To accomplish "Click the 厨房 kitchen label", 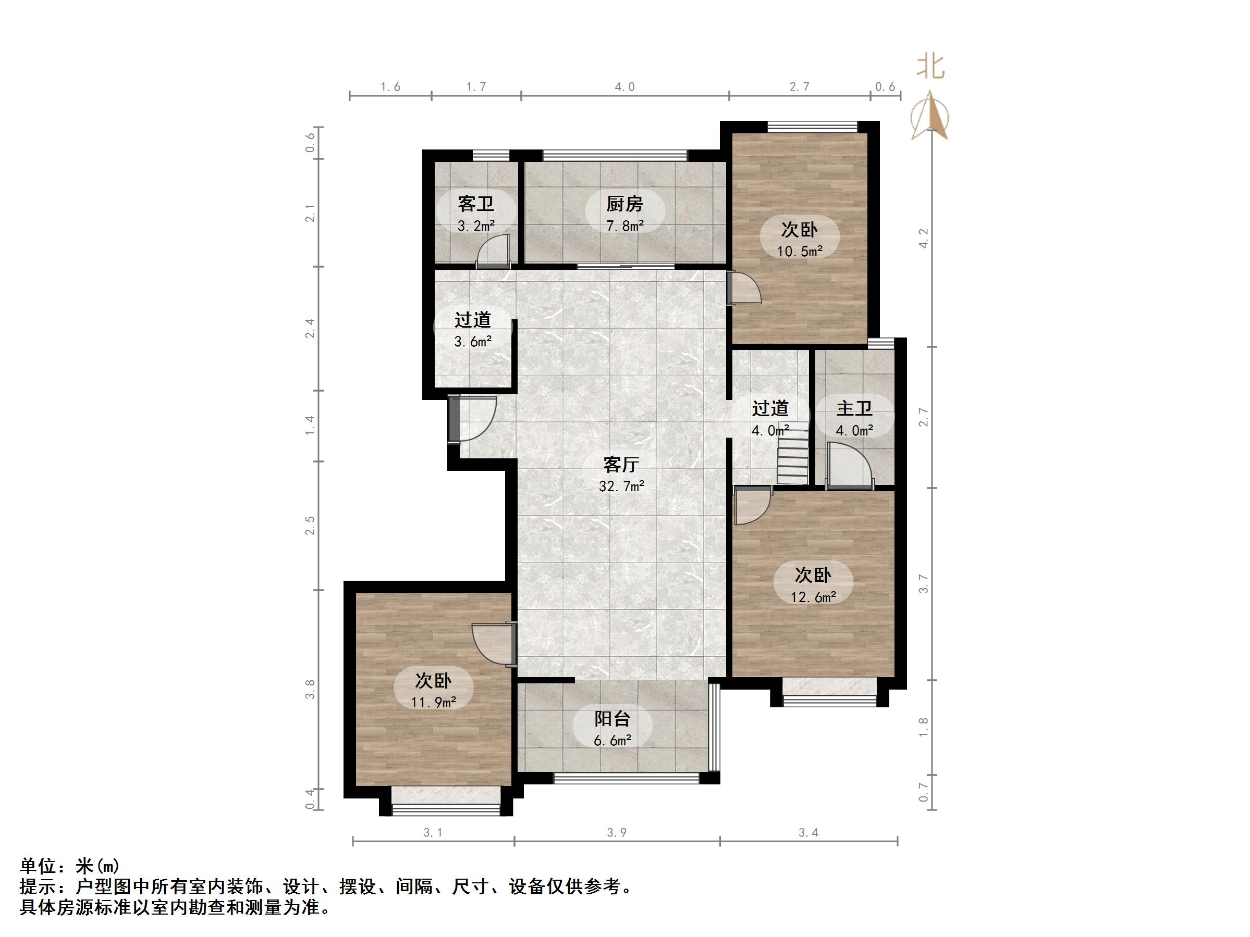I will click(624, 203).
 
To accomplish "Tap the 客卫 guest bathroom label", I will click(476, 203).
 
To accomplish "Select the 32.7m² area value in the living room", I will click(621, 486).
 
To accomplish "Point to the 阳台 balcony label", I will click(612, 718).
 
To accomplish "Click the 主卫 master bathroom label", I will click(854, 408).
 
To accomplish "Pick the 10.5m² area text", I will click(799, 252).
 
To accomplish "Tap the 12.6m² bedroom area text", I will click(813, 597).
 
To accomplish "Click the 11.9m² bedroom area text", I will click(433, 702).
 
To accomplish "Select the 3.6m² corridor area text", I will click(472, 341).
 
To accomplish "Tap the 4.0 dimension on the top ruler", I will click(624, 86).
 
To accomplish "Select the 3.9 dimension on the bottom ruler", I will click(617, 832).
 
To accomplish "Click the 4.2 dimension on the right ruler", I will click(923, 238).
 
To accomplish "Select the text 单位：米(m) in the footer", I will click(69, 866).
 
